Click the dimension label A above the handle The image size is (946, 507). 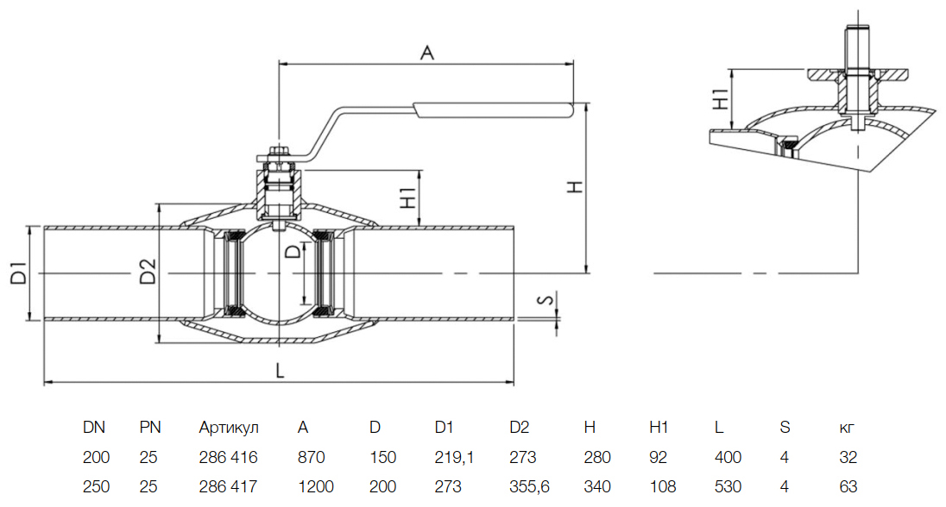426,53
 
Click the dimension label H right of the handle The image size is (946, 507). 579,187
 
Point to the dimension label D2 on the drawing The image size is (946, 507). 148,272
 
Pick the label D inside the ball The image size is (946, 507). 293,253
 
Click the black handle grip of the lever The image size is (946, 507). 493,110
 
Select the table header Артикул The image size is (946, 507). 229,428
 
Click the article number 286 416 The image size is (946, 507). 228,457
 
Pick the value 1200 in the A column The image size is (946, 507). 315,486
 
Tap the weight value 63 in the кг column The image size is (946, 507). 848,486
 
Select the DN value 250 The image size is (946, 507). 96,486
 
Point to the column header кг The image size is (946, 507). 848,428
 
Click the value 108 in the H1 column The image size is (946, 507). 661,486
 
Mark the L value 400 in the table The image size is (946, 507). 729,457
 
